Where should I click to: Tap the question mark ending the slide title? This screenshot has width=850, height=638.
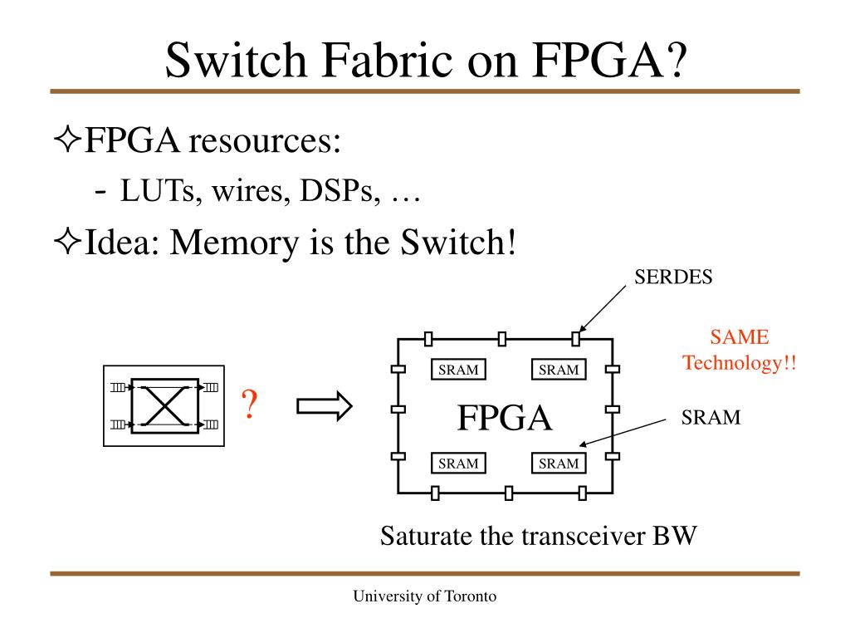[673, 58]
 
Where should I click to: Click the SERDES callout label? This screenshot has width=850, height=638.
[673, 277]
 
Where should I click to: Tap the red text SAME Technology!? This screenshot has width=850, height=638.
[739, 350]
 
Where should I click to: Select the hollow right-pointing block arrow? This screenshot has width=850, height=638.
[324, 406]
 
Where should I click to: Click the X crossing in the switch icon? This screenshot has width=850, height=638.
[164, 406]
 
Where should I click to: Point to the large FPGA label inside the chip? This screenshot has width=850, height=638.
[505, 418]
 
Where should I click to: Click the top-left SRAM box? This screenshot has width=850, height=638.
[458, 370]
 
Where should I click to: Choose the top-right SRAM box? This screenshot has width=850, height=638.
[558, 370]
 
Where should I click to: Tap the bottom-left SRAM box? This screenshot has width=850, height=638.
[458, 464]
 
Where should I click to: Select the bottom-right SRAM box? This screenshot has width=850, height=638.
[558, 464]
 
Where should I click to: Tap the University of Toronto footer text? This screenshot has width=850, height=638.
[425, 596]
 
